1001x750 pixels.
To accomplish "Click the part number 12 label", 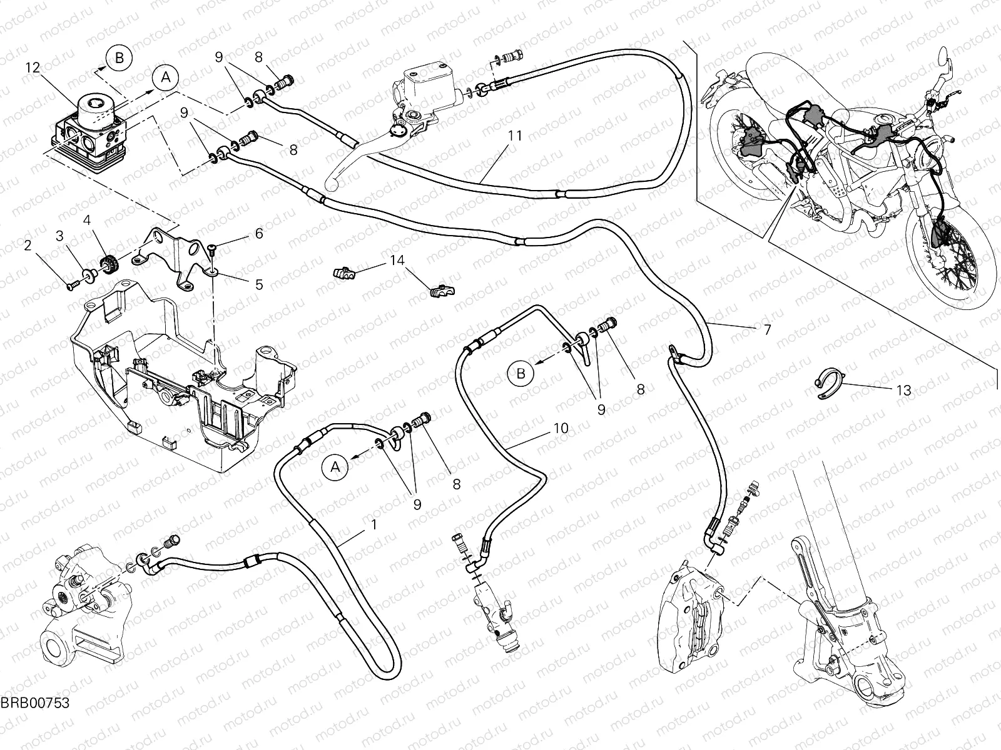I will (x=33, y=67).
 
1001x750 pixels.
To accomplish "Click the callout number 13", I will (x=903, y=391).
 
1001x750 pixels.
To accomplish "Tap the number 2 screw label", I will (x=28, y=246).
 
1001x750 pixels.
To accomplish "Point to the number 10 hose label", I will (x=561, y=428).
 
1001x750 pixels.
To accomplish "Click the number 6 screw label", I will (x=258, y=234).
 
